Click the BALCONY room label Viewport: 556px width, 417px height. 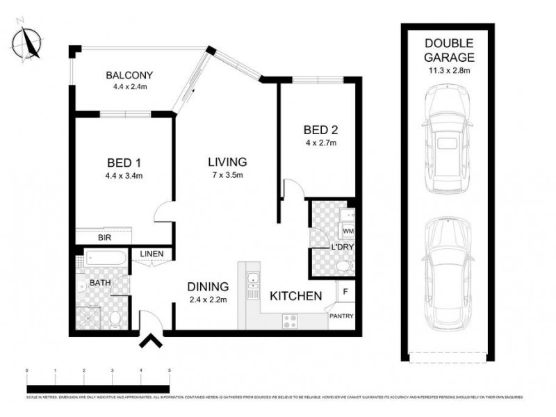[129, 75]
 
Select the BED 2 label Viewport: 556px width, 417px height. [320, 130]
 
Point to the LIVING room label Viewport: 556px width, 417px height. [227, 162]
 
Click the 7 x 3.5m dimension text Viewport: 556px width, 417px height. [227, 175]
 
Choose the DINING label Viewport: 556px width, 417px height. [208, 286]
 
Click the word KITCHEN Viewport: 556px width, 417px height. [295, 296]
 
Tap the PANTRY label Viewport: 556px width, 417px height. [341, 317]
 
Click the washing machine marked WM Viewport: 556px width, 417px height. [348, 231]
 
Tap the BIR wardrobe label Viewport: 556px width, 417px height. [105, 238]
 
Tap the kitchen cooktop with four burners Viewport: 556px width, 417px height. [290, 321]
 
